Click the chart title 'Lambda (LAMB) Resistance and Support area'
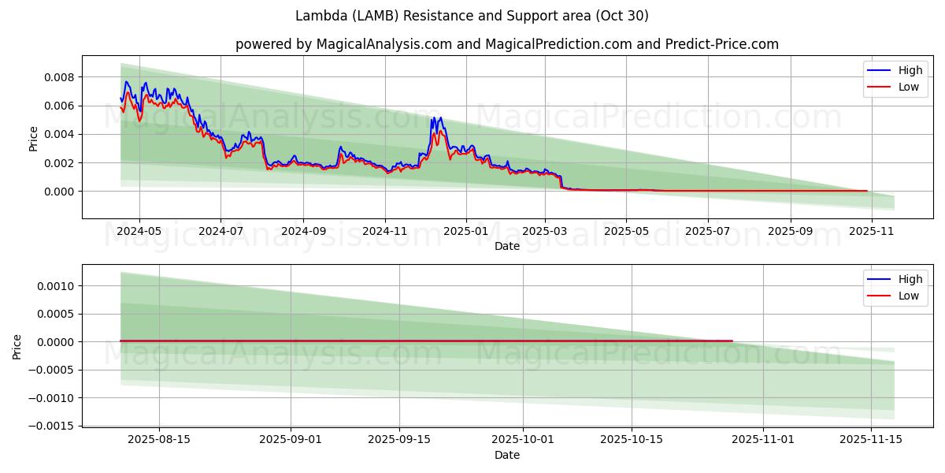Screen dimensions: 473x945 point(472,16)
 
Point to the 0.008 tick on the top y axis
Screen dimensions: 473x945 point(59,77)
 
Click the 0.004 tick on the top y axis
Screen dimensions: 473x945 point(59,134)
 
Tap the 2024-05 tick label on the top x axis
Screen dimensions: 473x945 point(139,232)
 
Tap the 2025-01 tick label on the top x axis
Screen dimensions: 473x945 point(465,232)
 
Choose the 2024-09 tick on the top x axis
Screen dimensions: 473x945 point(303,232)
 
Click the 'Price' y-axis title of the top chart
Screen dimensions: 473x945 point(33,139)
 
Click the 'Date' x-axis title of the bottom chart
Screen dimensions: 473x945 point(506,455)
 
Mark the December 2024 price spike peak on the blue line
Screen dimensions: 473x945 point(439,117)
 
